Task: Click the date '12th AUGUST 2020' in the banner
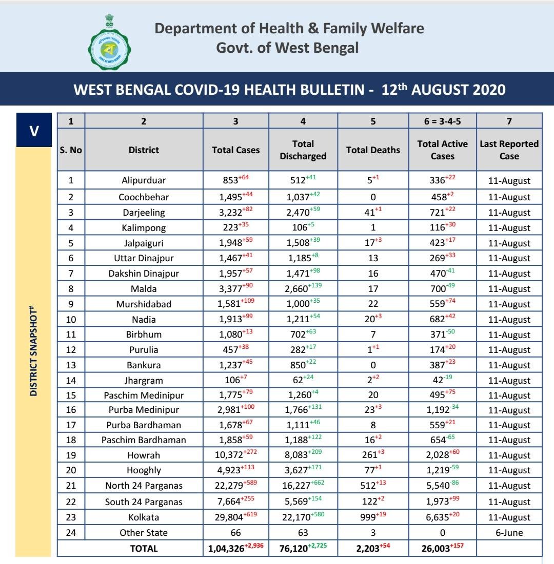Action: tap(444, 90)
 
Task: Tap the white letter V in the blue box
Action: tap(34, 130)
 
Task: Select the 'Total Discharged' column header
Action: tap(303, 150)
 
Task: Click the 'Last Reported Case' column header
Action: tap(509, 150)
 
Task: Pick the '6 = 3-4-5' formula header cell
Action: tap(442, 121)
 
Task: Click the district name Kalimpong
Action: tap(144, 228)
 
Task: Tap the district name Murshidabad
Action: tap(144, 304)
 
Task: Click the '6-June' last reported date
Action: tap(509, 533)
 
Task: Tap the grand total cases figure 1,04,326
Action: tap(230, 549)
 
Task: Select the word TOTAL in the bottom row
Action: tap(144, 549)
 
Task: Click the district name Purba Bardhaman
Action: tap(144, 425)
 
